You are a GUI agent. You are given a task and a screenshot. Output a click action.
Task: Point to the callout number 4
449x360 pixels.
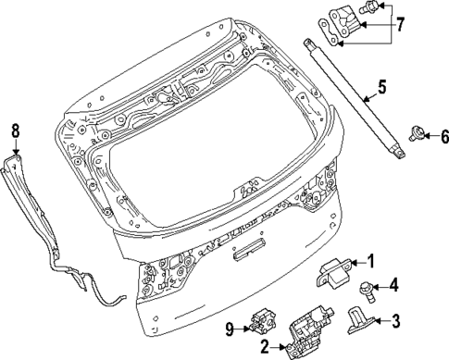click(x=393, y=284)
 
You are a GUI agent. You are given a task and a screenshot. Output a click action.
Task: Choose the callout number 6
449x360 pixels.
click(x=443, y=137)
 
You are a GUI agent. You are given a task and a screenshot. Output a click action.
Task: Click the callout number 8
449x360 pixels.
click(x=15, y=130)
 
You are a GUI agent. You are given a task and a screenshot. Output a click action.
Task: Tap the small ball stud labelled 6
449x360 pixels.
click(x=415, y=135)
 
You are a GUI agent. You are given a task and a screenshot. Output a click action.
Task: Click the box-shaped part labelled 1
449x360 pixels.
click(x=334, y=271)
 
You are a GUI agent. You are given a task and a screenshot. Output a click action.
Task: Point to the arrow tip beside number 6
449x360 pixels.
click(x=425, y=137)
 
